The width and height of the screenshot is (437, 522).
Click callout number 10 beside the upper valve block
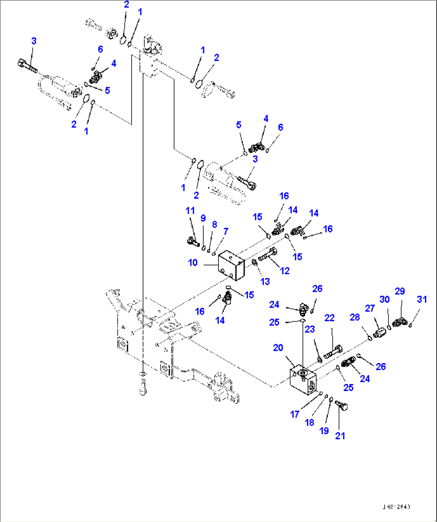coord(193,263)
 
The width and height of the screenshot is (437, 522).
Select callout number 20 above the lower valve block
coord(278,348)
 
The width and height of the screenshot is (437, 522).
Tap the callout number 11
coord(190,211)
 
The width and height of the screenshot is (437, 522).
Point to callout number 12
coord(285,271)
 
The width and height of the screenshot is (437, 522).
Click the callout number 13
coord(265,282)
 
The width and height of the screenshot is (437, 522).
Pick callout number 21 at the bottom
coord(340,436)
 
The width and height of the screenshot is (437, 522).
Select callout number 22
coord(329,318)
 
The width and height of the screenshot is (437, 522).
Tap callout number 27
coord(370,308)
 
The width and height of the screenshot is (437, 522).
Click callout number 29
coord(400,291)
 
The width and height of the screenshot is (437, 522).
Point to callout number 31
coord(422,299)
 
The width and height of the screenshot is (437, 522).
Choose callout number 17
coord(295,414)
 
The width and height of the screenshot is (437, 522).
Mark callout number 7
coord(226,232)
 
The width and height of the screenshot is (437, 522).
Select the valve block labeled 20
coord(303,379)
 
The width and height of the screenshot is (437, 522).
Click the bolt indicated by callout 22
coord(332,352)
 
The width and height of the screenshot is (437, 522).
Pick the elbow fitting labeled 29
coord(400,321)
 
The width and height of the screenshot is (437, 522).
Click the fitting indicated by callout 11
coord(193,242)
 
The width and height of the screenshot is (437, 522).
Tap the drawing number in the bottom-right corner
coord(396,507)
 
